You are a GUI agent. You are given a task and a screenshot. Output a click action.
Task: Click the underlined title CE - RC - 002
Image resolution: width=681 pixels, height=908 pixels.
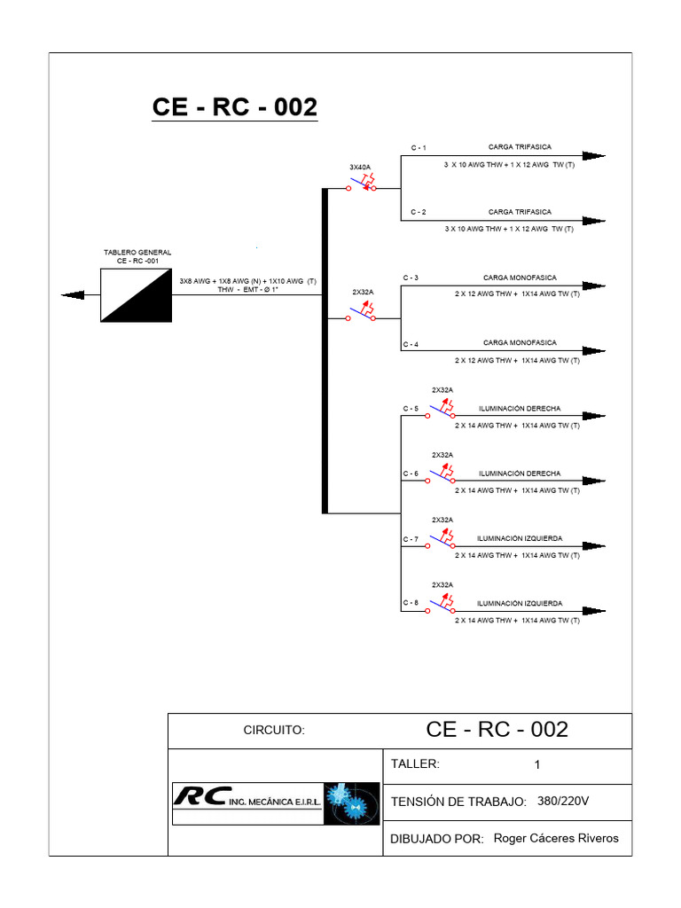(x=234, y=107)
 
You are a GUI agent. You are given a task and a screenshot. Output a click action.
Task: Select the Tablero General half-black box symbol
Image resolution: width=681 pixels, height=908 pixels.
(x=137, y=295)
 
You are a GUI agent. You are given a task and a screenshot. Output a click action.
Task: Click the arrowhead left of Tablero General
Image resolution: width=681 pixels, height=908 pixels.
(x=69, y=295)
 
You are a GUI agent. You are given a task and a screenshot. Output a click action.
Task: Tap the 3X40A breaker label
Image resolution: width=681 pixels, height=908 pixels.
(x=360, y=167)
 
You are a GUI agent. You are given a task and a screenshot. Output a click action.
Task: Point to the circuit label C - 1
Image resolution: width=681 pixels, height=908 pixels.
(x=418, y=147)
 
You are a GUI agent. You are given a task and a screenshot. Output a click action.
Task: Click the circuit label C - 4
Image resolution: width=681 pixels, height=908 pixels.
(x=411, y=344)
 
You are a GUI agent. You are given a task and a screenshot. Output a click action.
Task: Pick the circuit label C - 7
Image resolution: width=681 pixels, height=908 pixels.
(x=411, y=539)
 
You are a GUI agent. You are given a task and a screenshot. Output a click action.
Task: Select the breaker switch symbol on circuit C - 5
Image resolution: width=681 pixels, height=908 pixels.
(x=442, y=410)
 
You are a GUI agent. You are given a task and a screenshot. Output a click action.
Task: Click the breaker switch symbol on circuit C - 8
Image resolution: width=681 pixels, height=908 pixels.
(x=442, y=605)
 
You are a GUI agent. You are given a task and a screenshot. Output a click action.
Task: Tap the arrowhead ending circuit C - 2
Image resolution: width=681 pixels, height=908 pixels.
(x=594, y=220)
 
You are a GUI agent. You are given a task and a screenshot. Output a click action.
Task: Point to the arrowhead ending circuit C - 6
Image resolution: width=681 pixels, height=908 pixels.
(x=594, y=481)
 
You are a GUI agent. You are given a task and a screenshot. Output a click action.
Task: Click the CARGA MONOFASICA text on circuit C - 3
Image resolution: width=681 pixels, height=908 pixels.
(x=520, y=278)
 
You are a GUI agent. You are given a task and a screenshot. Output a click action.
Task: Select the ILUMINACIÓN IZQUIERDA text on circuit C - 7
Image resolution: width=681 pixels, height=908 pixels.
(x=520, y=538)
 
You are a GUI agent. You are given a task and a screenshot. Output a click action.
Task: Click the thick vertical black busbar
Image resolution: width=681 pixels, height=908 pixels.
(x=325, y=350)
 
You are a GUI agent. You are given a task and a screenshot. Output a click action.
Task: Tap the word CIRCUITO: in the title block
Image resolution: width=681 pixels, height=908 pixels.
(x=274, y=731)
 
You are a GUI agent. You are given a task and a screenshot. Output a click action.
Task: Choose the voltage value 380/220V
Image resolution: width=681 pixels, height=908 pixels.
(x=563, y=801)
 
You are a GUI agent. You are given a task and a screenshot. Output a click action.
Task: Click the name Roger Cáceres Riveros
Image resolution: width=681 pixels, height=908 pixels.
(x=556, y=838)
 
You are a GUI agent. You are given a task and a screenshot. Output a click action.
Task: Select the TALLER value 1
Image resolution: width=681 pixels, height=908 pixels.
(x=536, y=764)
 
